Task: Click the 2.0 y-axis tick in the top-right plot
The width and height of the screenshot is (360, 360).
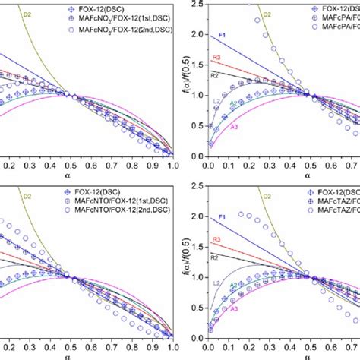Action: (x=197, y=35)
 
